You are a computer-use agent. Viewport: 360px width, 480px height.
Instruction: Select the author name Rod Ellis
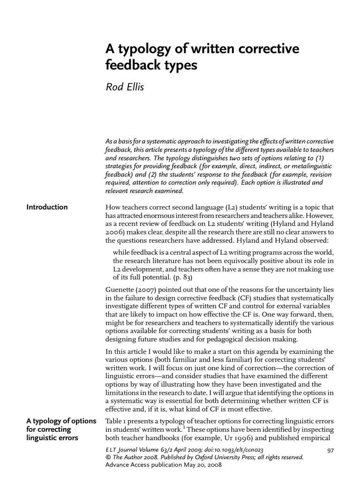125,87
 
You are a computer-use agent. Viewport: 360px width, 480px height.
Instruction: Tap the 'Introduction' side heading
47,207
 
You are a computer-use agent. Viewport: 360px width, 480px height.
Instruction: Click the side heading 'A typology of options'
61,420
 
